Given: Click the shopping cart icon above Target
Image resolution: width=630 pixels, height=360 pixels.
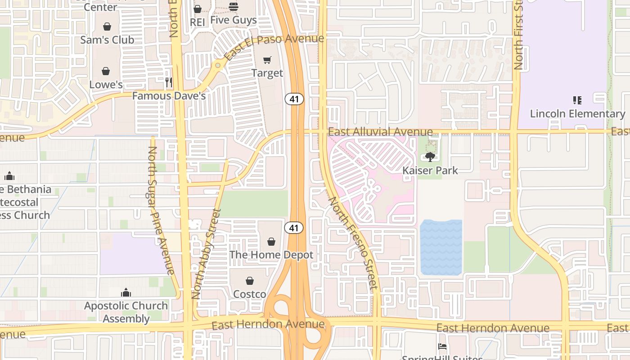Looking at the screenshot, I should tap(267, 60).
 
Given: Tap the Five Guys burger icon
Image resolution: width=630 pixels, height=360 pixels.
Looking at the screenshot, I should tap(233, 7).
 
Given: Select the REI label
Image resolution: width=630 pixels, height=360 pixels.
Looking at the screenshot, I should tap(197, 22).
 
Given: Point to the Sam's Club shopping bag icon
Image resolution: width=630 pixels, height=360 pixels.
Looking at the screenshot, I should tap(107, 27).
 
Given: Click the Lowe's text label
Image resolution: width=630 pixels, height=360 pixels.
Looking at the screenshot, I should tap(106, 85).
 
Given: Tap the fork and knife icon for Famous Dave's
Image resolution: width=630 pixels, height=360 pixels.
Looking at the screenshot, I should tap(169, 82).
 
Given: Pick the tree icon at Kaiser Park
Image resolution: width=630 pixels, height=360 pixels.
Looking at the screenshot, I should tap(430, 157).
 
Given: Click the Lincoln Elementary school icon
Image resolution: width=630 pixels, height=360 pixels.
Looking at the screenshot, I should tap(577, 100).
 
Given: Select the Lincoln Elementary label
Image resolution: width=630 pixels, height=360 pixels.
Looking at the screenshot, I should tap(577, 114).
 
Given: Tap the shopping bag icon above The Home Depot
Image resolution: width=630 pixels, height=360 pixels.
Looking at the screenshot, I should tap(271, 242).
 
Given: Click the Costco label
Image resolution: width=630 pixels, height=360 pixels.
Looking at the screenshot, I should tap(250, 294).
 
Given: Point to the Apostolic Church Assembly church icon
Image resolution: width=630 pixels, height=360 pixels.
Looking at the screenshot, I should tap(126, 293).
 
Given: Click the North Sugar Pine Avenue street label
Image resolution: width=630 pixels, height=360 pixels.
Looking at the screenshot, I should tap(161, 210).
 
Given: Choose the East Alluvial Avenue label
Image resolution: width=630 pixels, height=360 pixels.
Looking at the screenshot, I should tap(380, 132).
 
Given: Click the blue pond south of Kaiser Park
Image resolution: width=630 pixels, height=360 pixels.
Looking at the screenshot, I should tap(441, 247).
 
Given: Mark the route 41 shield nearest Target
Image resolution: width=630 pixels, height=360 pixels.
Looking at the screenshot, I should tap(294, 99).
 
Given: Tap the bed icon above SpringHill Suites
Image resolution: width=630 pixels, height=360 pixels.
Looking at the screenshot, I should tap(442, 346).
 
